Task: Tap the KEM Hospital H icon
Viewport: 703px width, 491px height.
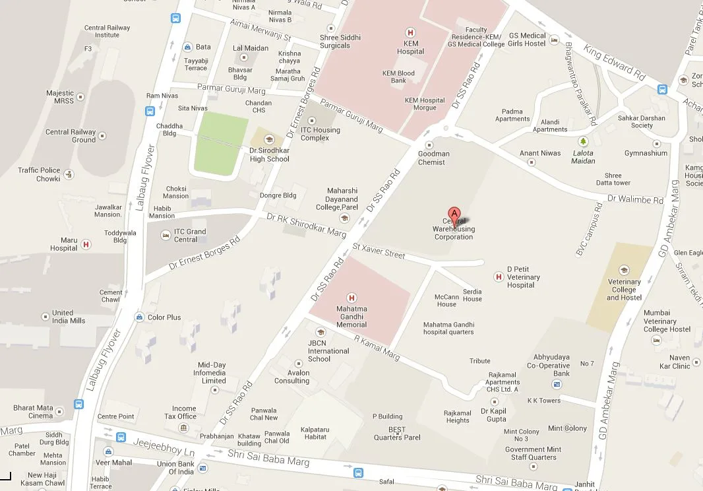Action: (410, 32)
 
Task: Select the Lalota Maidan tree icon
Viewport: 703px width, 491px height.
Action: (582, 141)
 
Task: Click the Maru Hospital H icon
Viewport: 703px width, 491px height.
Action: (86, 245)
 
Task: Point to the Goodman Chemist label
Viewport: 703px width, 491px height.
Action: (433, 158)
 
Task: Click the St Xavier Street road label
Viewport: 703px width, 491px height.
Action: (379, 250)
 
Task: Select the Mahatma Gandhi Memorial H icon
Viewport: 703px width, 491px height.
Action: (351, 298)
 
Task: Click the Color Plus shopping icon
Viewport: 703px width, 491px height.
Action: (139, 317)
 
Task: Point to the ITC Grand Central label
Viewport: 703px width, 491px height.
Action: (190, 235)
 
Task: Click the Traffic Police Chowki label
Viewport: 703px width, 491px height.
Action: (39, 174)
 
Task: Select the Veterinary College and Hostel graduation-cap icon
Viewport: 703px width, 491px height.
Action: (623, 270)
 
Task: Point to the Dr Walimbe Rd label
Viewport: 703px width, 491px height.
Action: (634, 199)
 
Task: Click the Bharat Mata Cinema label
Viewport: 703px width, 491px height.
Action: (33, 412)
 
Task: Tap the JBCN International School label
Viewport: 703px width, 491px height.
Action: (328, 350)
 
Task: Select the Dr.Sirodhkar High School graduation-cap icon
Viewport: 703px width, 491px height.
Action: (269, 139)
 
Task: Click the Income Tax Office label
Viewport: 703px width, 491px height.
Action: (184, 412)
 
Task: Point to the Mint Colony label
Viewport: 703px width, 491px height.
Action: (567, 428)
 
